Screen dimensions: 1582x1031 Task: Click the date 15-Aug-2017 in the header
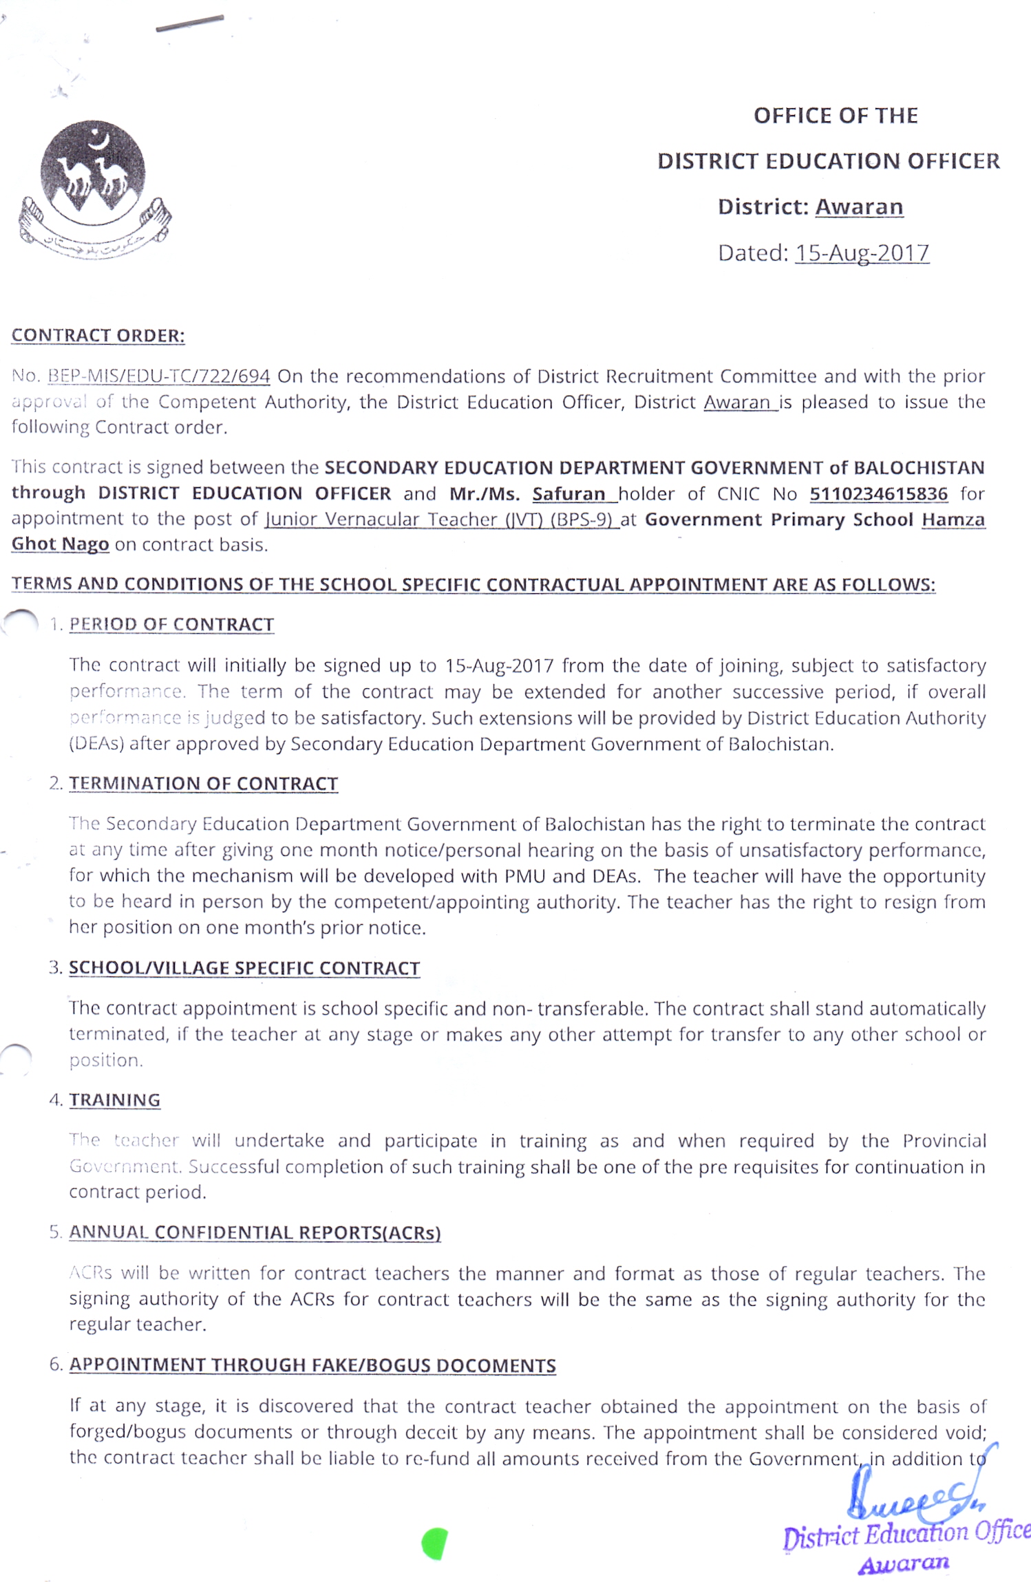pos(862,253)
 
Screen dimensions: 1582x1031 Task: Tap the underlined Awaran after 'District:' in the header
pos(858,207)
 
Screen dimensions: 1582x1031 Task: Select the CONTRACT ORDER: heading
pos(98,336)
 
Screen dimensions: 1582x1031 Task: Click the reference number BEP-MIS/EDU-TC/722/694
pos(158,376)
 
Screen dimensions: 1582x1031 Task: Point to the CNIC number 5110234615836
pos(878,494)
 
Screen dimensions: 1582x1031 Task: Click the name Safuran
pos(568,494)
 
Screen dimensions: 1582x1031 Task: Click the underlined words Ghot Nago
pos(60,544)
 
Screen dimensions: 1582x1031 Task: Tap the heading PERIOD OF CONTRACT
pos(171,625)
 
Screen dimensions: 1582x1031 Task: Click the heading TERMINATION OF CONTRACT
pos(203,784)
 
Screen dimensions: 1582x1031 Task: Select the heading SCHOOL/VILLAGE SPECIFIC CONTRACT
pos(244,968)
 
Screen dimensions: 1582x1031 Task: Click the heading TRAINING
pos(114,1100)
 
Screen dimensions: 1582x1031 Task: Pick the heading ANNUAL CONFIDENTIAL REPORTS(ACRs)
pos(255,1232)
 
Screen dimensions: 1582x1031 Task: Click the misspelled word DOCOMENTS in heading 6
pos(496,1365)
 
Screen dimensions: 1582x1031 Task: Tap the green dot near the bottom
pos(435,1543)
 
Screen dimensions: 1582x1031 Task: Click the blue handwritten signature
pos(908,1497)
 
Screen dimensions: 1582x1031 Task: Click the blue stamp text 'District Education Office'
pos(905,1534)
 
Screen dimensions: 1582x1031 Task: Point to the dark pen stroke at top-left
pos(189,23)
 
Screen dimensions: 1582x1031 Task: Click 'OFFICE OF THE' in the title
pos(835,116)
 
